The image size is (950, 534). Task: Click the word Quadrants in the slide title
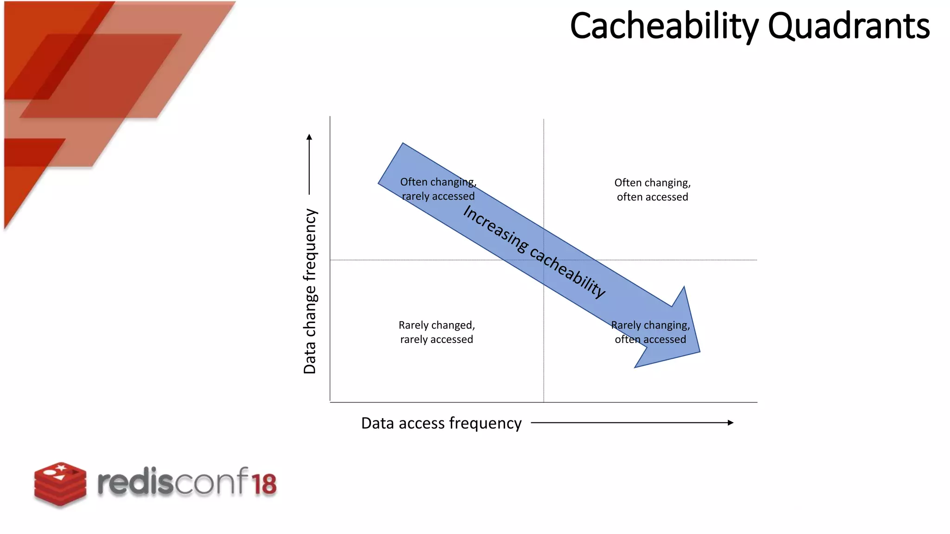point(848,26)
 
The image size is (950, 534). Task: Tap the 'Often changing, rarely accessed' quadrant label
point(438,189)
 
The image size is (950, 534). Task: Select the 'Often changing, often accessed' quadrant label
point(652,190)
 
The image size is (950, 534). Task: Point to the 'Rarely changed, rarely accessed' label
point(436,332)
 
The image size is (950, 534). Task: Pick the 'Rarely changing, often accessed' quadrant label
point(650,332)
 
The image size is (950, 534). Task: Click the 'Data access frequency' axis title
point(441,423)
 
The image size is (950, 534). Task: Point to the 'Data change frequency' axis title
point(310,291)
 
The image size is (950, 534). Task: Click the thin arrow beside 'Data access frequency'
point(632,423)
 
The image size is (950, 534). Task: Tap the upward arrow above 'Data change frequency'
point(309,164)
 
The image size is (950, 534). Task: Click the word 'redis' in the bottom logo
point(135,483)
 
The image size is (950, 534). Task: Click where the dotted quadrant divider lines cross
point(544,260)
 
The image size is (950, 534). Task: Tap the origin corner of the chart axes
point(330,402)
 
